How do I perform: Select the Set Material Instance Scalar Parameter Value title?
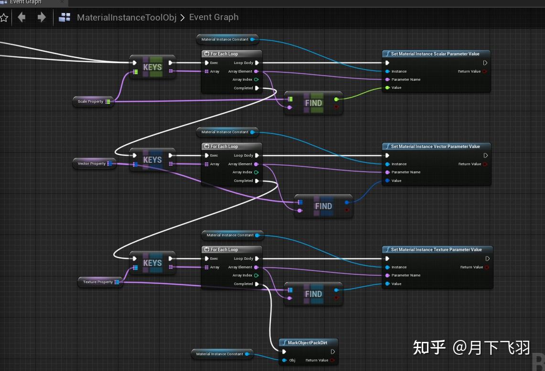435,54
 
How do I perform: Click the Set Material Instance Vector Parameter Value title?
435,147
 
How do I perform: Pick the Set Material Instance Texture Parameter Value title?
436,250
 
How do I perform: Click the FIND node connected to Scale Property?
313,103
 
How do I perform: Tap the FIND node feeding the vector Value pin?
323,206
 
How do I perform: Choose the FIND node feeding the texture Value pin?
313,294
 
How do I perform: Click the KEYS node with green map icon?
152,67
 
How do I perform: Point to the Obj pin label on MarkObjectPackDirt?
292,360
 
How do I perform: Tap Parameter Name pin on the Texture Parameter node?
406,275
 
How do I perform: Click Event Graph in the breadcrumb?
214,17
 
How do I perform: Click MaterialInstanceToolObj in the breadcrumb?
127,18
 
